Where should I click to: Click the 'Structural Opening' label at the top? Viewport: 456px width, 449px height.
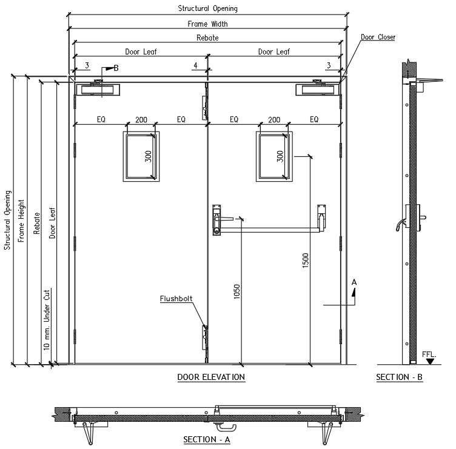coord(207,8)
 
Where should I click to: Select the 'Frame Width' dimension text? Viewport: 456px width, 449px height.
coord(207,24)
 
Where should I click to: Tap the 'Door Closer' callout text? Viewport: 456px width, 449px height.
coord(378,37)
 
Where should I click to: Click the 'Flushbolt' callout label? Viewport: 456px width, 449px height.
coord(176,299)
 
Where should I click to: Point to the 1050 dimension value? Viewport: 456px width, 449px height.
coord(237,291)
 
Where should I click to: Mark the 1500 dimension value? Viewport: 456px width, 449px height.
coord(306,261)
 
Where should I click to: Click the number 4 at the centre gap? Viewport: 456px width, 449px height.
coord(195,65)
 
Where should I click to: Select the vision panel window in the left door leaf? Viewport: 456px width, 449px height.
coord(141,156)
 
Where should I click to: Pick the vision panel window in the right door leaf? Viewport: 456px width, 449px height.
coord(274,156)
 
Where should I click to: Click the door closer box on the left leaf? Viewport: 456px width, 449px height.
coord(98,90)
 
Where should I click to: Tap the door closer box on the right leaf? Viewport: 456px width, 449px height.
coord(318,90)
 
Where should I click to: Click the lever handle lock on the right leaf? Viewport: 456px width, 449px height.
coord(217,220)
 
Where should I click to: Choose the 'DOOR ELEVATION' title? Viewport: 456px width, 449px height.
coord(211,377)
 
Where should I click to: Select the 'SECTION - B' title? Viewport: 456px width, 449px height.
coord(399,377)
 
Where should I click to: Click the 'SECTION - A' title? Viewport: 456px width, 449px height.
coord(207,439)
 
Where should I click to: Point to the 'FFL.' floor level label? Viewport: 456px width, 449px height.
coord(429,354)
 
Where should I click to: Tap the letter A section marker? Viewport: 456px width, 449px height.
coord(354,282)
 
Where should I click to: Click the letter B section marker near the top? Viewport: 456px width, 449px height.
coord(116,68)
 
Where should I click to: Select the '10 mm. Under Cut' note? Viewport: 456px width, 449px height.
coord(47,320)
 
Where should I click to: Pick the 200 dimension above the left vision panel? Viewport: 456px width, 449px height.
coord(141,119)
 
